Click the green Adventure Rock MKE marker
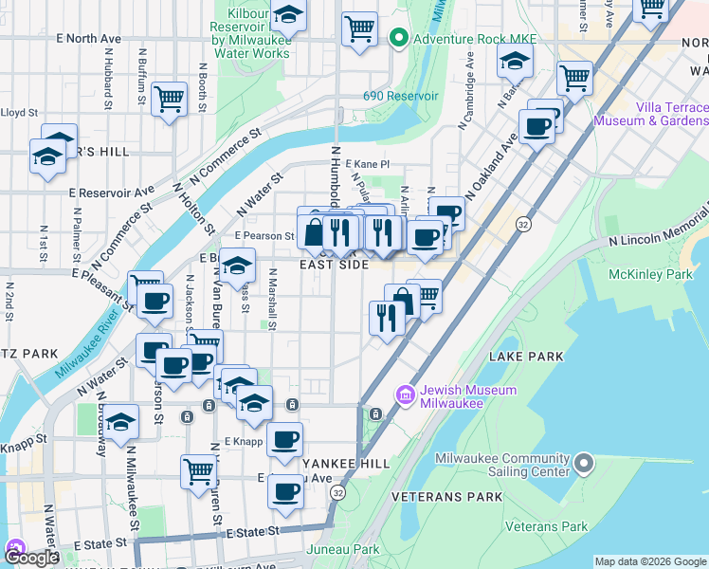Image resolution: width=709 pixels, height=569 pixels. tap(398, 39)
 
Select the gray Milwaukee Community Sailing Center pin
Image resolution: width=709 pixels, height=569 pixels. tap(583, 464)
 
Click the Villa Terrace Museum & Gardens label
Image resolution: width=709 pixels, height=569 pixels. tap(650, 114)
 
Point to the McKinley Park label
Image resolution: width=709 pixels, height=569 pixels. tap(665, 275)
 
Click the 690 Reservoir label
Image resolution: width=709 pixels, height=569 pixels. tap(400, 97)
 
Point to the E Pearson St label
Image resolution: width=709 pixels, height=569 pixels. tap(264, 235)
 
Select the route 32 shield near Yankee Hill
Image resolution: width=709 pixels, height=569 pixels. tap(337, 493)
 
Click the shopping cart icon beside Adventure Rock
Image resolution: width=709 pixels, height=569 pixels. tap(359, 29)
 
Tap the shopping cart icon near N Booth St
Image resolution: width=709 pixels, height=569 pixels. tap(169, 98)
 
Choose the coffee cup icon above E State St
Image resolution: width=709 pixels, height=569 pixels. tap(284, 491)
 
